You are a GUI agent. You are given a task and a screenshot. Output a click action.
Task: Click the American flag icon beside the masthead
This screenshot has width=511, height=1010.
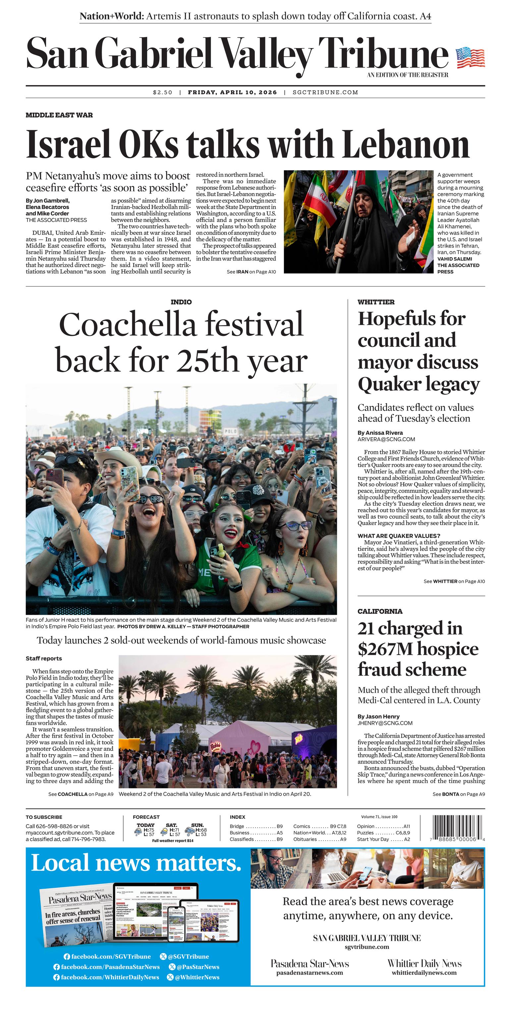tap(470, 58)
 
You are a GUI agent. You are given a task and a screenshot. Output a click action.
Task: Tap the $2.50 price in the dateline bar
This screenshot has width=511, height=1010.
tap(162, 92)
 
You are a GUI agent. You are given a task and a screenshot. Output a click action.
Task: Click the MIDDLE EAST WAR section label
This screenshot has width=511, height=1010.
tap(59, 115)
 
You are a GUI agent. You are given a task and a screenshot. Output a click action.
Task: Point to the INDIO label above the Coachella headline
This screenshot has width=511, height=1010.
tap(181, 302)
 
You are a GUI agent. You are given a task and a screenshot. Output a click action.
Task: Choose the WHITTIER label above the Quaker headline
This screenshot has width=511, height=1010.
tap(376, 302)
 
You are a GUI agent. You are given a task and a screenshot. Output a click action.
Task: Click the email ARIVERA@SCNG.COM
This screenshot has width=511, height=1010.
tap(386, 440)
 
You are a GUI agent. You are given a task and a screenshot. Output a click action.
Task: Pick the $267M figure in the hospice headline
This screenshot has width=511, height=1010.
tap(385, 649)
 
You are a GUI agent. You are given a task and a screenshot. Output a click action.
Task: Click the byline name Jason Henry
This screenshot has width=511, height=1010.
tap(382, 716)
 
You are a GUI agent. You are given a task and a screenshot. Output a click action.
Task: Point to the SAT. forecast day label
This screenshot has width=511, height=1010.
tap(171, 825)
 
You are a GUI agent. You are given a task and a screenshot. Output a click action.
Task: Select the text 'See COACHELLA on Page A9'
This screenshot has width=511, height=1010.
tap(81, 794)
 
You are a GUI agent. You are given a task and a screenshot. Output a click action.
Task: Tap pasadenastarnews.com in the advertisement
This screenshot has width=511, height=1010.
tap(310, 972)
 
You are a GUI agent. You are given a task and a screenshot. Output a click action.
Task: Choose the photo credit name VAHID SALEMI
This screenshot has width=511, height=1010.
tap(455, 259)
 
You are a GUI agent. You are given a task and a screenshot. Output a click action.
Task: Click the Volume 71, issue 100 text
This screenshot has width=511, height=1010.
tap(379, 817)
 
